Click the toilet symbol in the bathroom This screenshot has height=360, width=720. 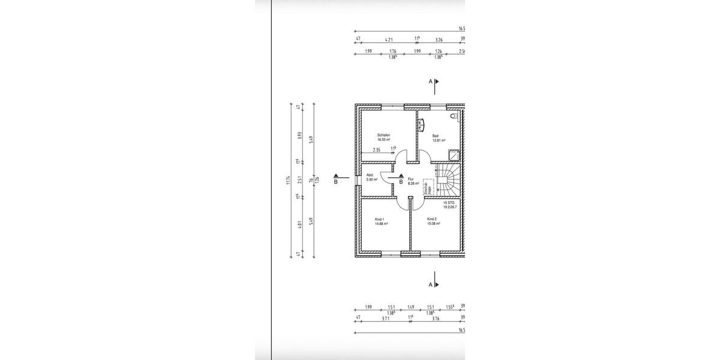[x=458, y=115]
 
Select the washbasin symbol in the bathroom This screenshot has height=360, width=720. [x=421, y=124]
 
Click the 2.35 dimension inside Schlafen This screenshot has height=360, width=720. [x=377, y=150]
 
